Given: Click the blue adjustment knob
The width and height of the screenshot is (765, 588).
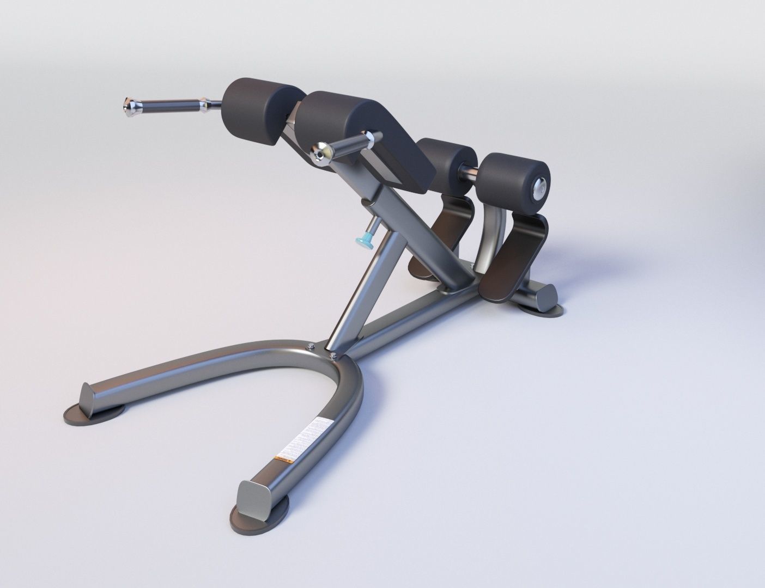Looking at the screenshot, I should pos(362,240).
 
